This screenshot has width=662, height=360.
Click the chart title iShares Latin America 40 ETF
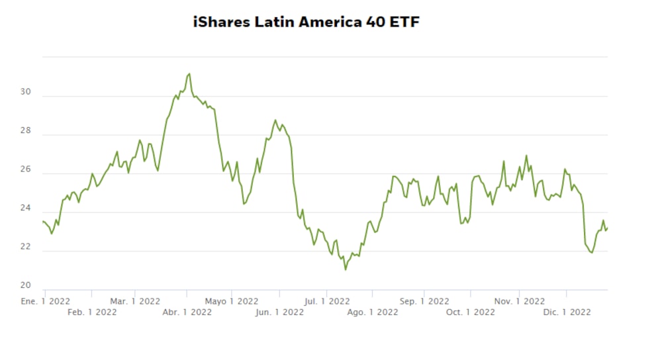307,22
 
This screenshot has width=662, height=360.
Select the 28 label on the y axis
26,130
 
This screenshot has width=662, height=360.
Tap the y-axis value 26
26,169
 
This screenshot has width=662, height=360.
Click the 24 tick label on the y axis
26,208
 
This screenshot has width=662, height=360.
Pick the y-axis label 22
26,247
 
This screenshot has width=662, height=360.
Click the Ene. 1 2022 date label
46,301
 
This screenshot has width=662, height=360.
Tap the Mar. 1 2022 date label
135,301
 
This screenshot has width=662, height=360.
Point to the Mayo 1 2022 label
231,301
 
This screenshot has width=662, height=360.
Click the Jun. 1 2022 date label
279,312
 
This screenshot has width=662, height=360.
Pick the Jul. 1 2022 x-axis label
327,301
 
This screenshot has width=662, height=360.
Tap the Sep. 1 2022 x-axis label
424,301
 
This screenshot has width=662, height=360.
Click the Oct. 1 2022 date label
470,312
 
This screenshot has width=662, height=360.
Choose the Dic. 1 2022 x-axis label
567,312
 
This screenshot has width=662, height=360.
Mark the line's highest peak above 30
189,73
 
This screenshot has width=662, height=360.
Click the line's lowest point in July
346,269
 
